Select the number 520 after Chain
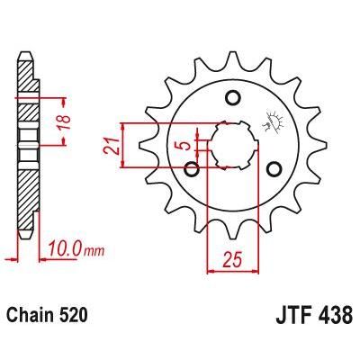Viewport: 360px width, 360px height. pos(75,318)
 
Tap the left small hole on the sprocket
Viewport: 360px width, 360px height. pos(192,168)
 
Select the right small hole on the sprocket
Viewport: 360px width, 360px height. pos(273,168)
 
